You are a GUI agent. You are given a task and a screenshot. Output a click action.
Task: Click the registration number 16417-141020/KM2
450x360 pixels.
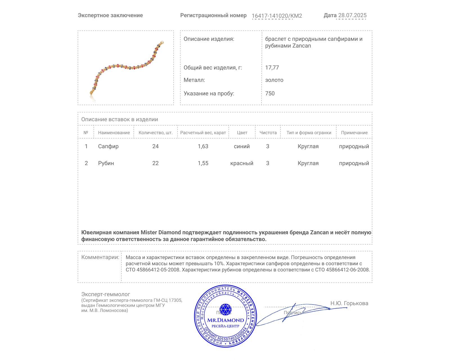click(x=277, y=16)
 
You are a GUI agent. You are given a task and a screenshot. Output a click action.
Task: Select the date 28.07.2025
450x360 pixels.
click(x=352, y=15)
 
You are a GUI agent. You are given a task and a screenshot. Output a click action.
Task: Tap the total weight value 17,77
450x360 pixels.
click(x=272, y=68)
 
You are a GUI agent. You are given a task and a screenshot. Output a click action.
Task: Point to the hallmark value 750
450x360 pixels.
click(x=270, y=94)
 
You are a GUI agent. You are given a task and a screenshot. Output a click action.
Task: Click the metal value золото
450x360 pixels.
click(x=274, y=80)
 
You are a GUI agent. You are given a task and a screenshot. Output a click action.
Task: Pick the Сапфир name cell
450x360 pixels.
click(x=108, y=147)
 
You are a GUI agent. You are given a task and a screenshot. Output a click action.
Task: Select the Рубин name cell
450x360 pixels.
click(x=106, y=163)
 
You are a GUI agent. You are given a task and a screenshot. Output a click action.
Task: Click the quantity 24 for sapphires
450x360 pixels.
click(x=155, y=147)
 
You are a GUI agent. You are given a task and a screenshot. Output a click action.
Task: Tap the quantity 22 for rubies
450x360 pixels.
click(x=155, y=163)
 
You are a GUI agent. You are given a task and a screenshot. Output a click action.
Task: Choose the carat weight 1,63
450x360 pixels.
click(x=203, y=147)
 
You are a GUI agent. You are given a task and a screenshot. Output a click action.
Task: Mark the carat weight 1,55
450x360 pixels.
click(x=203, y=163)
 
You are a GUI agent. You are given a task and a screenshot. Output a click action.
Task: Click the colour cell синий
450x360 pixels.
click(x=242, y=147)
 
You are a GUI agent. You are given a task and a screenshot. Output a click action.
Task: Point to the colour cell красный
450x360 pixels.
click(x=242, y=163)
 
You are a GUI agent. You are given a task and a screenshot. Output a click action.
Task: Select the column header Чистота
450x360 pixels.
click(x=268, y=133)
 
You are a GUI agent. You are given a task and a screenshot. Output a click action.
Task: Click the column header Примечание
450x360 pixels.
click(x=354, y=133)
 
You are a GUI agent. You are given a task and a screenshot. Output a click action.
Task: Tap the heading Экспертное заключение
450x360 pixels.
click(x=110, y=15)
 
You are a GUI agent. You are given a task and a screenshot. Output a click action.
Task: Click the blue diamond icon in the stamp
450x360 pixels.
click(x=225, y=309)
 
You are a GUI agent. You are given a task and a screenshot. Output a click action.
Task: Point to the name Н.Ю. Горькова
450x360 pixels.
click(x=349, y=303)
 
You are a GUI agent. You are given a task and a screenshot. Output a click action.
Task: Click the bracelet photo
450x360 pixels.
click(x=126, y=68)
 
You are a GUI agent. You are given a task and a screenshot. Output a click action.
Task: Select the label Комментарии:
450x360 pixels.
click(x=100, y=257)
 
